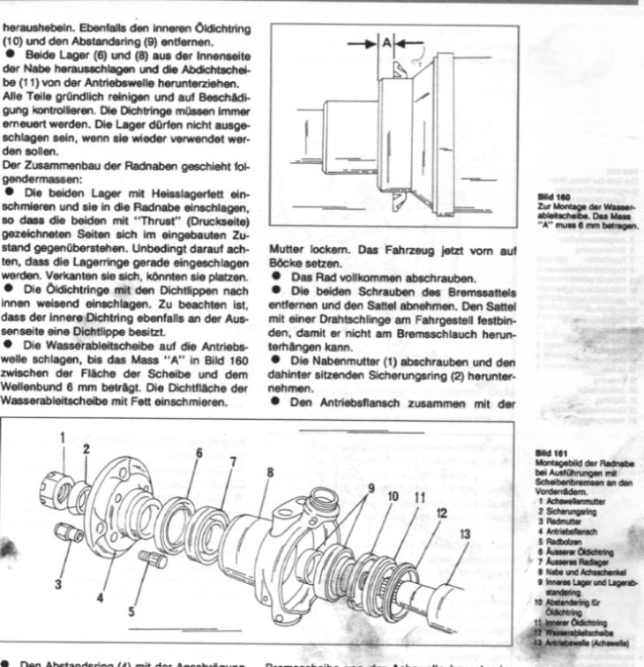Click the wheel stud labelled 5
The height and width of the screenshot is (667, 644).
[152, 559]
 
